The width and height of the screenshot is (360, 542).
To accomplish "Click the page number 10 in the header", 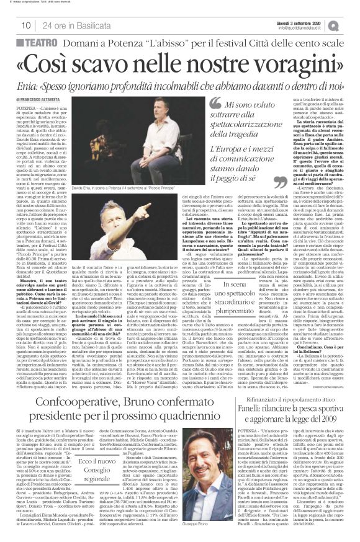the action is point(26,25).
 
